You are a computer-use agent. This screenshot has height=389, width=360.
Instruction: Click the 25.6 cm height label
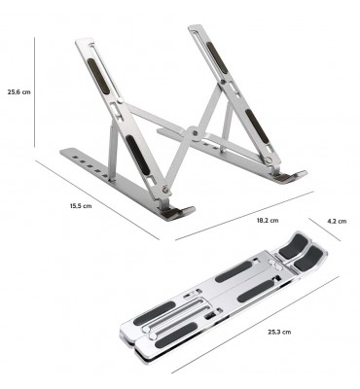click(x=19, y=91)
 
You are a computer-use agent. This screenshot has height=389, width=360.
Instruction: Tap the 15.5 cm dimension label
click(x=81, y=206)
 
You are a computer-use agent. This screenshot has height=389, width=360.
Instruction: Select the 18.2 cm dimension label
click(x=268, y=221)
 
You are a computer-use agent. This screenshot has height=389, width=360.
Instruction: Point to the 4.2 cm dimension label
click(x=337, y=222)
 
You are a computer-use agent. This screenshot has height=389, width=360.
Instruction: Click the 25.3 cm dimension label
click(x=279, y=332)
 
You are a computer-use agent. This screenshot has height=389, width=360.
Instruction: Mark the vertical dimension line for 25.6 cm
click(x=34, y=92)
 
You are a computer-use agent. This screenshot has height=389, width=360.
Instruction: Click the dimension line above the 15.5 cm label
click(x=97, y=200)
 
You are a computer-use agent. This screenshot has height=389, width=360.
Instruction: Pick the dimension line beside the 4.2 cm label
click(x=325, y=230)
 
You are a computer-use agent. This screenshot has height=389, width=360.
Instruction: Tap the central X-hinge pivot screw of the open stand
click(x=195, y=133)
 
